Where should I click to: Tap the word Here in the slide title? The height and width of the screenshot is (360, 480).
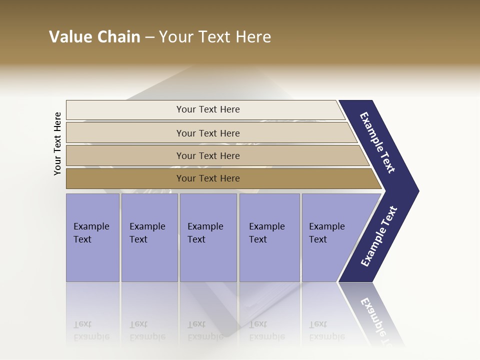click(253, 37)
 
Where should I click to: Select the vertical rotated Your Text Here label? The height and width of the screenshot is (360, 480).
click(57, 143)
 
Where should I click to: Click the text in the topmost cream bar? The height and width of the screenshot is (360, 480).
click(208, 109)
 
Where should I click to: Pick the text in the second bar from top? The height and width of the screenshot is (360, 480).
click(208, 133)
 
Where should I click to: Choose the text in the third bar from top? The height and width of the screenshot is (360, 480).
click(208, 155)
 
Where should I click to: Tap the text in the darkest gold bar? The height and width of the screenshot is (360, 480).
click(208, 178)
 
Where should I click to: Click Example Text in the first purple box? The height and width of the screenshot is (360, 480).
click(91, 233)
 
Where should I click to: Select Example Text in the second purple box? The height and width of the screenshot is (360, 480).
click(147, 233)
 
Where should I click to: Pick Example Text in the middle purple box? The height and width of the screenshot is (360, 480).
click(205, 233)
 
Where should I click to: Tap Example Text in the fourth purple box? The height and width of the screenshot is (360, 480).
click(266, 233)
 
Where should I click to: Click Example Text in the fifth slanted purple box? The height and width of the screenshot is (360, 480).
click(326, 233)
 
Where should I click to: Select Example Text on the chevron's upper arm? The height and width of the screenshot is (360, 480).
click(377, 142)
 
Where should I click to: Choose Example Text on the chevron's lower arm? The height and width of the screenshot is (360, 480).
click(379, 236)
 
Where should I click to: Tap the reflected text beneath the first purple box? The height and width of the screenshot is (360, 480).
click(91, 330)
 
